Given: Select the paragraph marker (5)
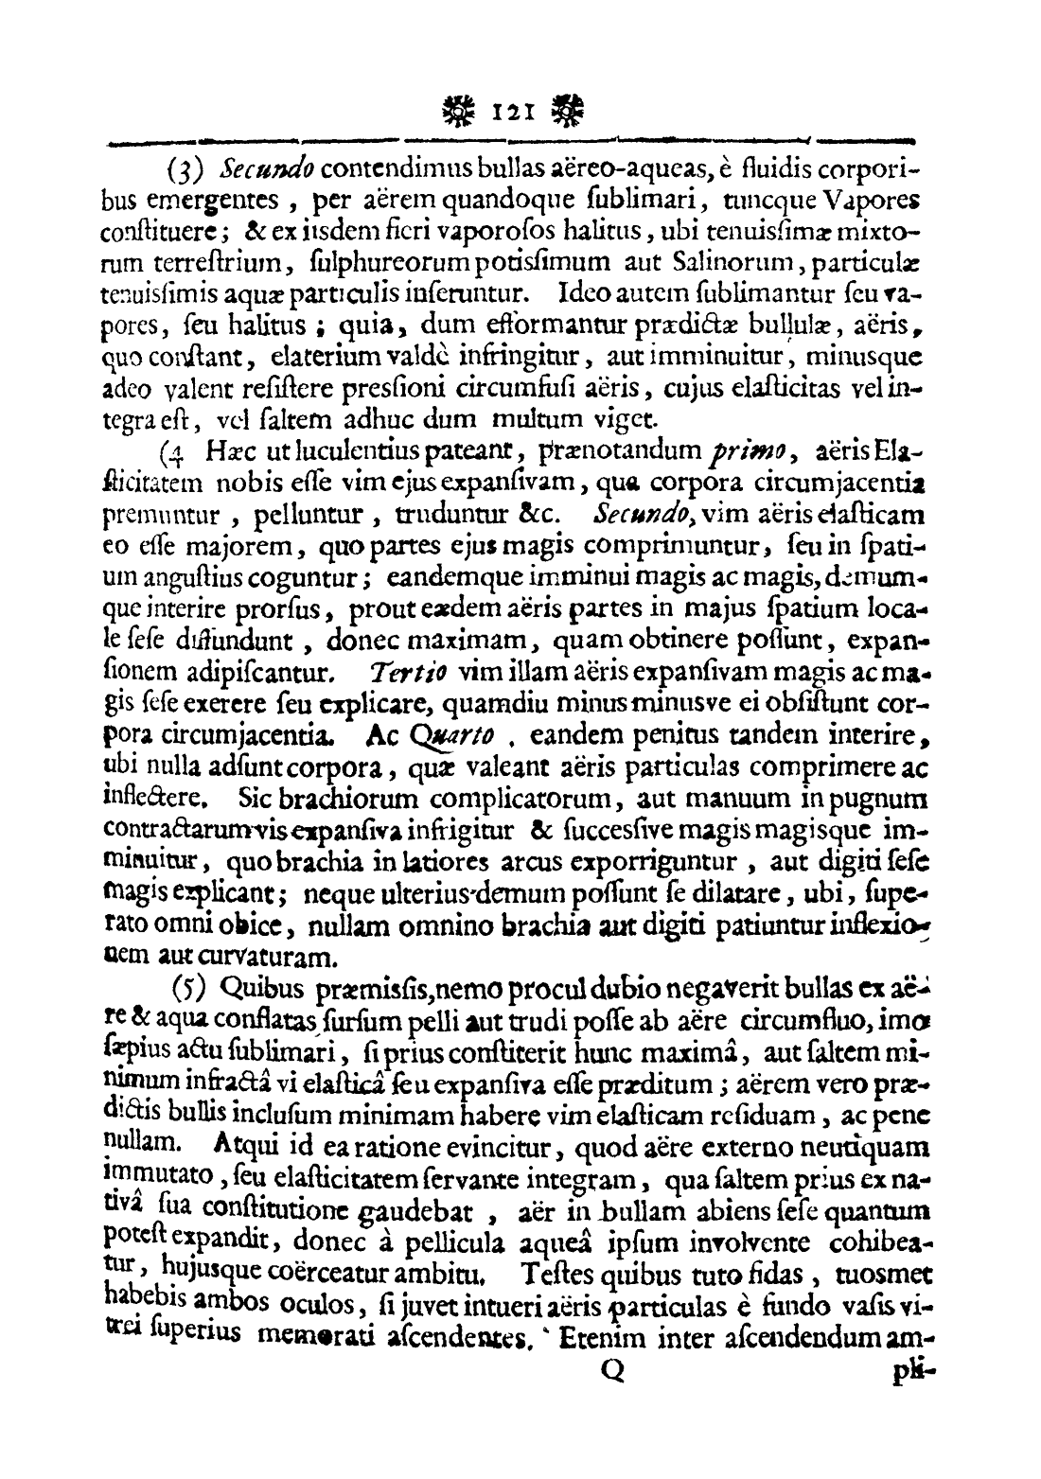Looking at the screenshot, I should [x=190, y=988].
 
